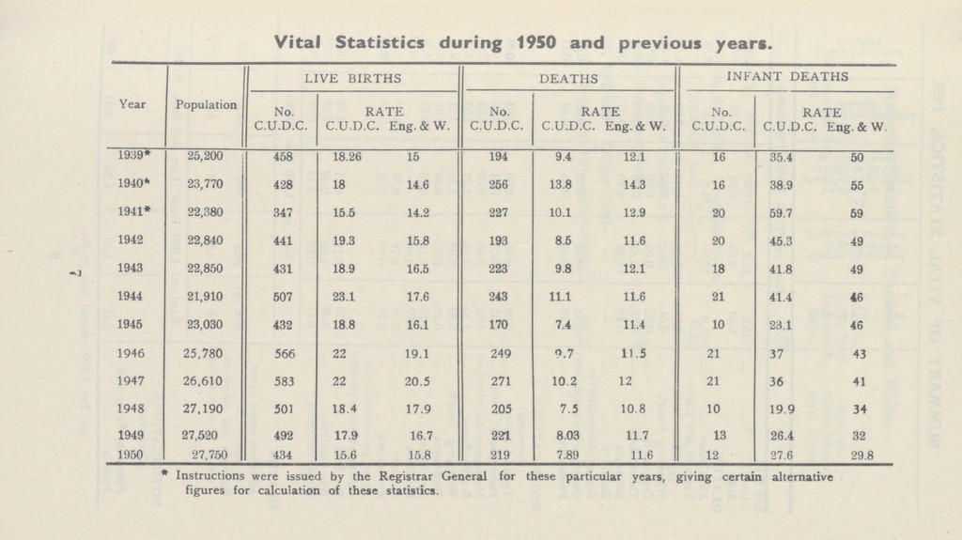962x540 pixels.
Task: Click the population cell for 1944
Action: tap(205, 297)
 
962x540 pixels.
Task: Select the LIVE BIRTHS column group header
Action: tap(353, 79)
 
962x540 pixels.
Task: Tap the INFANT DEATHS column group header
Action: tap(787, 77)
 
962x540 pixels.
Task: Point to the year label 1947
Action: tap(130, 380)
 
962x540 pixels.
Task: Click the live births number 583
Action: tap(284, 381)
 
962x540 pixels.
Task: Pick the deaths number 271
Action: tap(501, 381)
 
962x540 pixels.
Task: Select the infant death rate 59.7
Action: tap(781, 213)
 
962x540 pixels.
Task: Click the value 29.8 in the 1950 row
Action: tap(861, 455)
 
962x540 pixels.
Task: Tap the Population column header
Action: tap(206, 104)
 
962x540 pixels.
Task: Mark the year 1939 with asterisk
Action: tap(133, 155)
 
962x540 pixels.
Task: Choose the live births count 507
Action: tap(283, 297)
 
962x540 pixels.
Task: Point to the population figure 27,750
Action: tap(209, 455)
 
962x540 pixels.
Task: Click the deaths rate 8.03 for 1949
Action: tap(566, 436)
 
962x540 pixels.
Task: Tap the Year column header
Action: tap(132, 103)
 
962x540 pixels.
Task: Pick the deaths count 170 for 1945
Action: tap(498, 325)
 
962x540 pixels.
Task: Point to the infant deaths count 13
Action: tap(720, 435)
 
